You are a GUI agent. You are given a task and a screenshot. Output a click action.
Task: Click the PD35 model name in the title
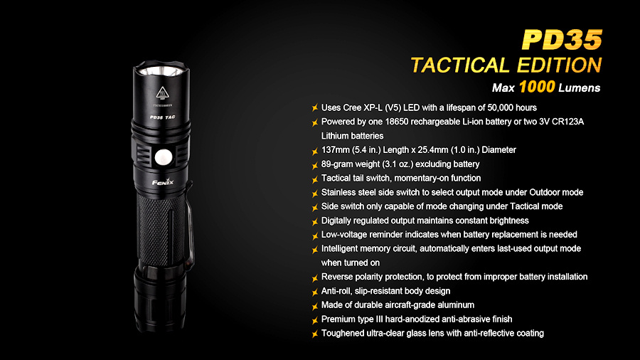point(562,40)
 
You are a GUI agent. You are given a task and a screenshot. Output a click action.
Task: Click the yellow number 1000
point(537,87)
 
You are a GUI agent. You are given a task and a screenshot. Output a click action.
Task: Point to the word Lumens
point(579,88)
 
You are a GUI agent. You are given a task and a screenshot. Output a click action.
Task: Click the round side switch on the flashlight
point(164,157)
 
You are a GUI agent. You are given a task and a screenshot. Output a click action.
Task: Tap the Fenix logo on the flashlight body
point(163,182)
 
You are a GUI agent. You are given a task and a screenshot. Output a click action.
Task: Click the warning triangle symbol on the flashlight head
point(162,92)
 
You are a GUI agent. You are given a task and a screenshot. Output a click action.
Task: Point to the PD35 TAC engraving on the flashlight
point(162,117)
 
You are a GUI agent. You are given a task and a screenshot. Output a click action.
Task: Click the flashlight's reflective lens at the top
point(161,71)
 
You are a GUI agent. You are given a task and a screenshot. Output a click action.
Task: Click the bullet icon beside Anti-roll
point(315,292)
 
